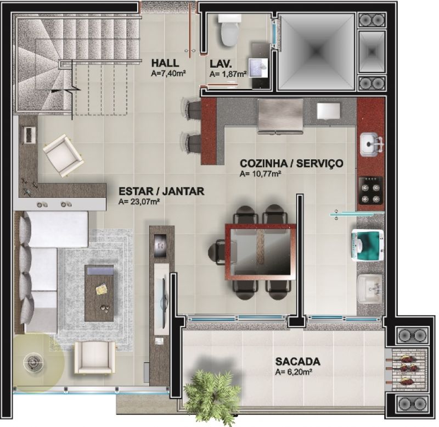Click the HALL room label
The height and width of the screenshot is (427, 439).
click(165, 63)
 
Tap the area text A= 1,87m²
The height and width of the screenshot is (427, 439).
click(228, 74)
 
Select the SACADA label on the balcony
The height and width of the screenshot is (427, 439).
click(297, 362)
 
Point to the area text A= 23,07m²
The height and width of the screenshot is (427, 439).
click(139, 202)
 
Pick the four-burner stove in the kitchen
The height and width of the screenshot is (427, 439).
click(371, 190)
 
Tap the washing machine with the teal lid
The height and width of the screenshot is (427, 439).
click(368, 245)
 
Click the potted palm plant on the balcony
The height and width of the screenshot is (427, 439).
click(213, 394)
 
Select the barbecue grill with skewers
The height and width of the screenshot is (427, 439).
click(406, 370)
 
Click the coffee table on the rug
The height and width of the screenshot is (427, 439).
click(99, 293)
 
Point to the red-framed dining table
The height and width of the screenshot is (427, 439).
click(260, 252)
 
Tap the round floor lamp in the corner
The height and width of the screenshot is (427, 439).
click(33, 363)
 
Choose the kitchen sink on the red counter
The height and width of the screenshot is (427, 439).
click(372, 145)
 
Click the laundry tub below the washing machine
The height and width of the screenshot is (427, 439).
click(369, 289)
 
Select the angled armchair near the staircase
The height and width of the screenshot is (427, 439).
click(63, 156)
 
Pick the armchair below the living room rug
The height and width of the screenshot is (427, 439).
click(94, 357)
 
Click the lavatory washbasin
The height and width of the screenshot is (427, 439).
click(258, 67)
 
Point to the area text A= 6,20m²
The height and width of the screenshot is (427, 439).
click(294, 372)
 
